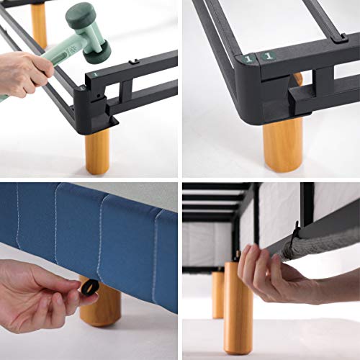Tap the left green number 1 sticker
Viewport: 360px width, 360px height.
[248, 58]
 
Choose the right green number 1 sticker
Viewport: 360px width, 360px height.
[268, 55]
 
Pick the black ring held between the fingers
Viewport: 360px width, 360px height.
[89, 289]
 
